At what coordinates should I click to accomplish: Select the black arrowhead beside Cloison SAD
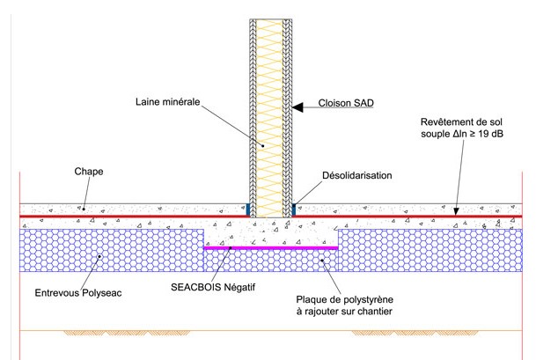300,107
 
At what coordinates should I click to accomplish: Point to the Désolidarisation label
355,175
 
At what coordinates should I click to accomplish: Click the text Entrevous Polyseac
75,292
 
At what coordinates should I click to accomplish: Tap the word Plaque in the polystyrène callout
312,298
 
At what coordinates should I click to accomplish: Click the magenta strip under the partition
271,248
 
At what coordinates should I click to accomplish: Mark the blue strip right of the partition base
294,209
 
